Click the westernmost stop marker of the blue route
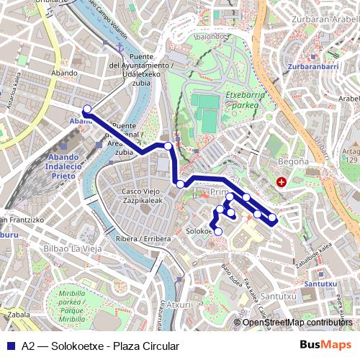point(87,109)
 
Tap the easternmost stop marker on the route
point(272,217)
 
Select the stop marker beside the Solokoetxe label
point(218,231)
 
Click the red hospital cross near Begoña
point(282,183)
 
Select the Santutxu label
point(320,284)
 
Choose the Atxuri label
point(179,305)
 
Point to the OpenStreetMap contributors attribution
point(297,323)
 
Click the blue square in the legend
point(12,346)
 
